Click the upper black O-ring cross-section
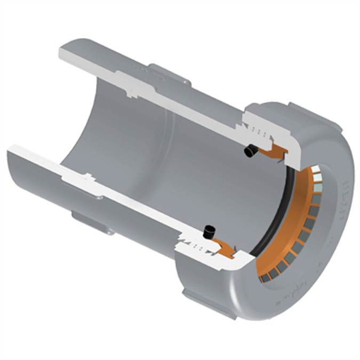[249, 152]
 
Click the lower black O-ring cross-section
[209, 232]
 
